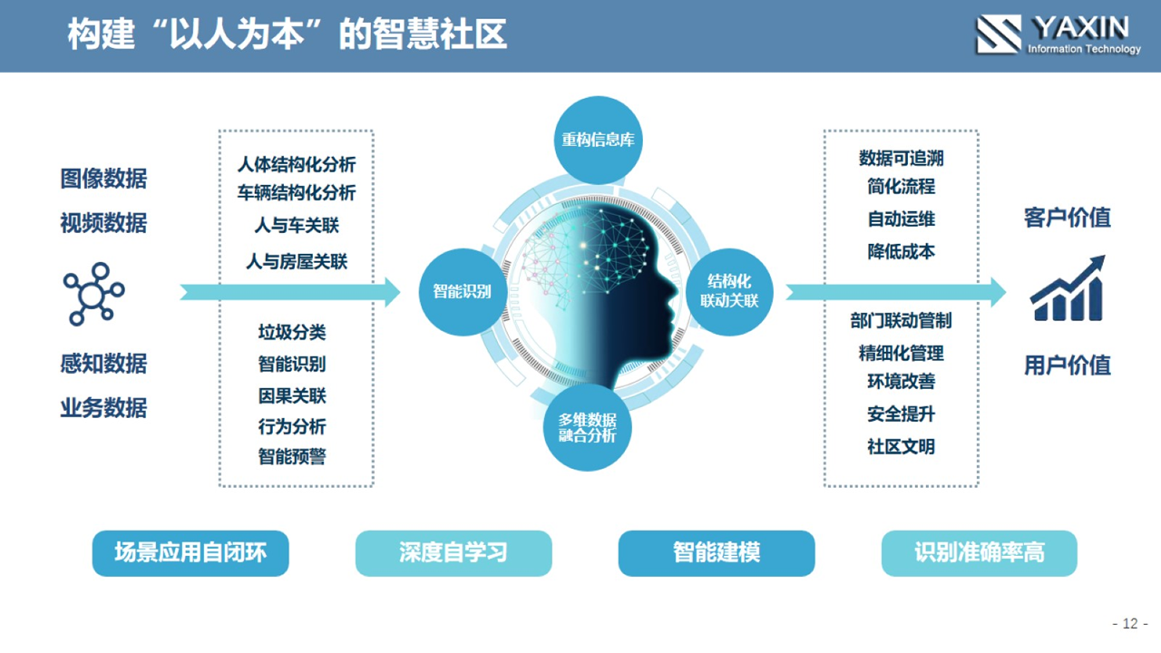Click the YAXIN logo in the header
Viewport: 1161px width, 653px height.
1058,34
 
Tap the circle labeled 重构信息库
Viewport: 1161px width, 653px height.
598,140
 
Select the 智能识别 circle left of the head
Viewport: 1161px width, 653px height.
463,292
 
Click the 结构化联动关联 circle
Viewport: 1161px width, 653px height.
729,292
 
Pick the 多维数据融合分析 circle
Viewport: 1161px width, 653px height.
587,427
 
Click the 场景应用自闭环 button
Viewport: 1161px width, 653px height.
190,553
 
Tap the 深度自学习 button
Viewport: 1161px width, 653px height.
454,553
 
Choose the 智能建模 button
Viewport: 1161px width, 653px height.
717,553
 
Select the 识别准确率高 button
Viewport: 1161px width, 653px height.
979,553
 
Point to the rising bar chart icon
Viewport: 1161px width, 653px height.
1068,289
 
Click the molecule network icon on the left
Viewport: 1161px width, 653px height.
93,294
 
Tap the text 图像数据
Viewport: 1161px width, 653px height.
103,179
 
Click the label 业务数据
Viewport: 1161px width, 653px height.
103,408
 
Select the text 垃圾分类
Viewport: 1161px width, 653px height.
292,332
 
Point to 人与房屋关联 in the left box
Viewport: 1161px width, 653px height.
297,262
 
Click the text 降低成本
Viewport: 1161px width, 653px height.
902,252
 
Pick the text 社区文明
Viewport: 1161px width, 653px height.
902,446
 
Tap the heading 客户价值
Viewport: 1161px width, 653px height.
1068,218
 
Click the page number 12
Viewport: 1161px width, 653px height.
1130,623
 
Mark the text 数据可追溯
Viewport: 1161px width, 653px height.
902,158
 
